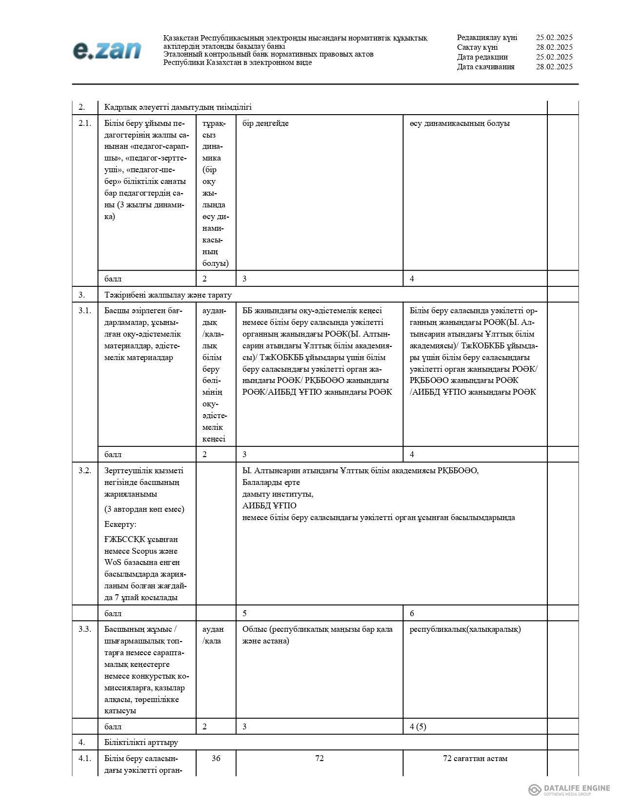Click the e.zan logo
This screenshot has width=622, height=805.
107,51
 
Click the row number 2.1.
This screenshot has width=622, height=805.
84,123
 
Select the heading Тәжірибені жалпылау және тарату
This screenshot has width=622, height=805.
168,295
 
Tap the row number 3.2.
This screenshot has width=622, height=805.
84,470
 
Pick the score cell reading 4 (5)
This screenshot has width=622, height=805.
418,726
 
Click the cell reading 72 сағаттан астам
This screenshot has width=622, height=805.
475,758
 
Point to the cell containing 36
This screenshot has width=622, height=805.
216,758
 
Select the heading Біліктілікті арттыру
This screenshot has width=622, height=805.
141,742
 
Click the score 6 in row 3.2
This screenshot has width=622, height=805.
412,613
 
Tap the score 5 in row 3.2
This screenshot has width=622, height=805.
245,613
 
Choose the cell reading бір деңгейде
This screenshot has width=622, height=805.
265,123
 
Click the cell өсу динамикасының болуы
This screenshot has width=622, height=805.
460,123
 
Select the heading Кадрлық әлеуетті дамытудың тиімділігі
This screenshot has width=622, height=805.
178,107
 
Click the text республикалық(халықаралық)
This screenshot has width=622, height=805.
465,629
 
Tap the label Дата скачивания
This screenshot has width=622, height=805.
485,67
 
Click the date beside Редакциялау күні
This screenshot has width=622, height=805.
554,38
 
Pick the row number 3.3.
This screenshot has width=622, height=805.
84,629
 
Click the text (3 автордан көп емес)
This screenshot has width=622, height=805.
144,509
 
